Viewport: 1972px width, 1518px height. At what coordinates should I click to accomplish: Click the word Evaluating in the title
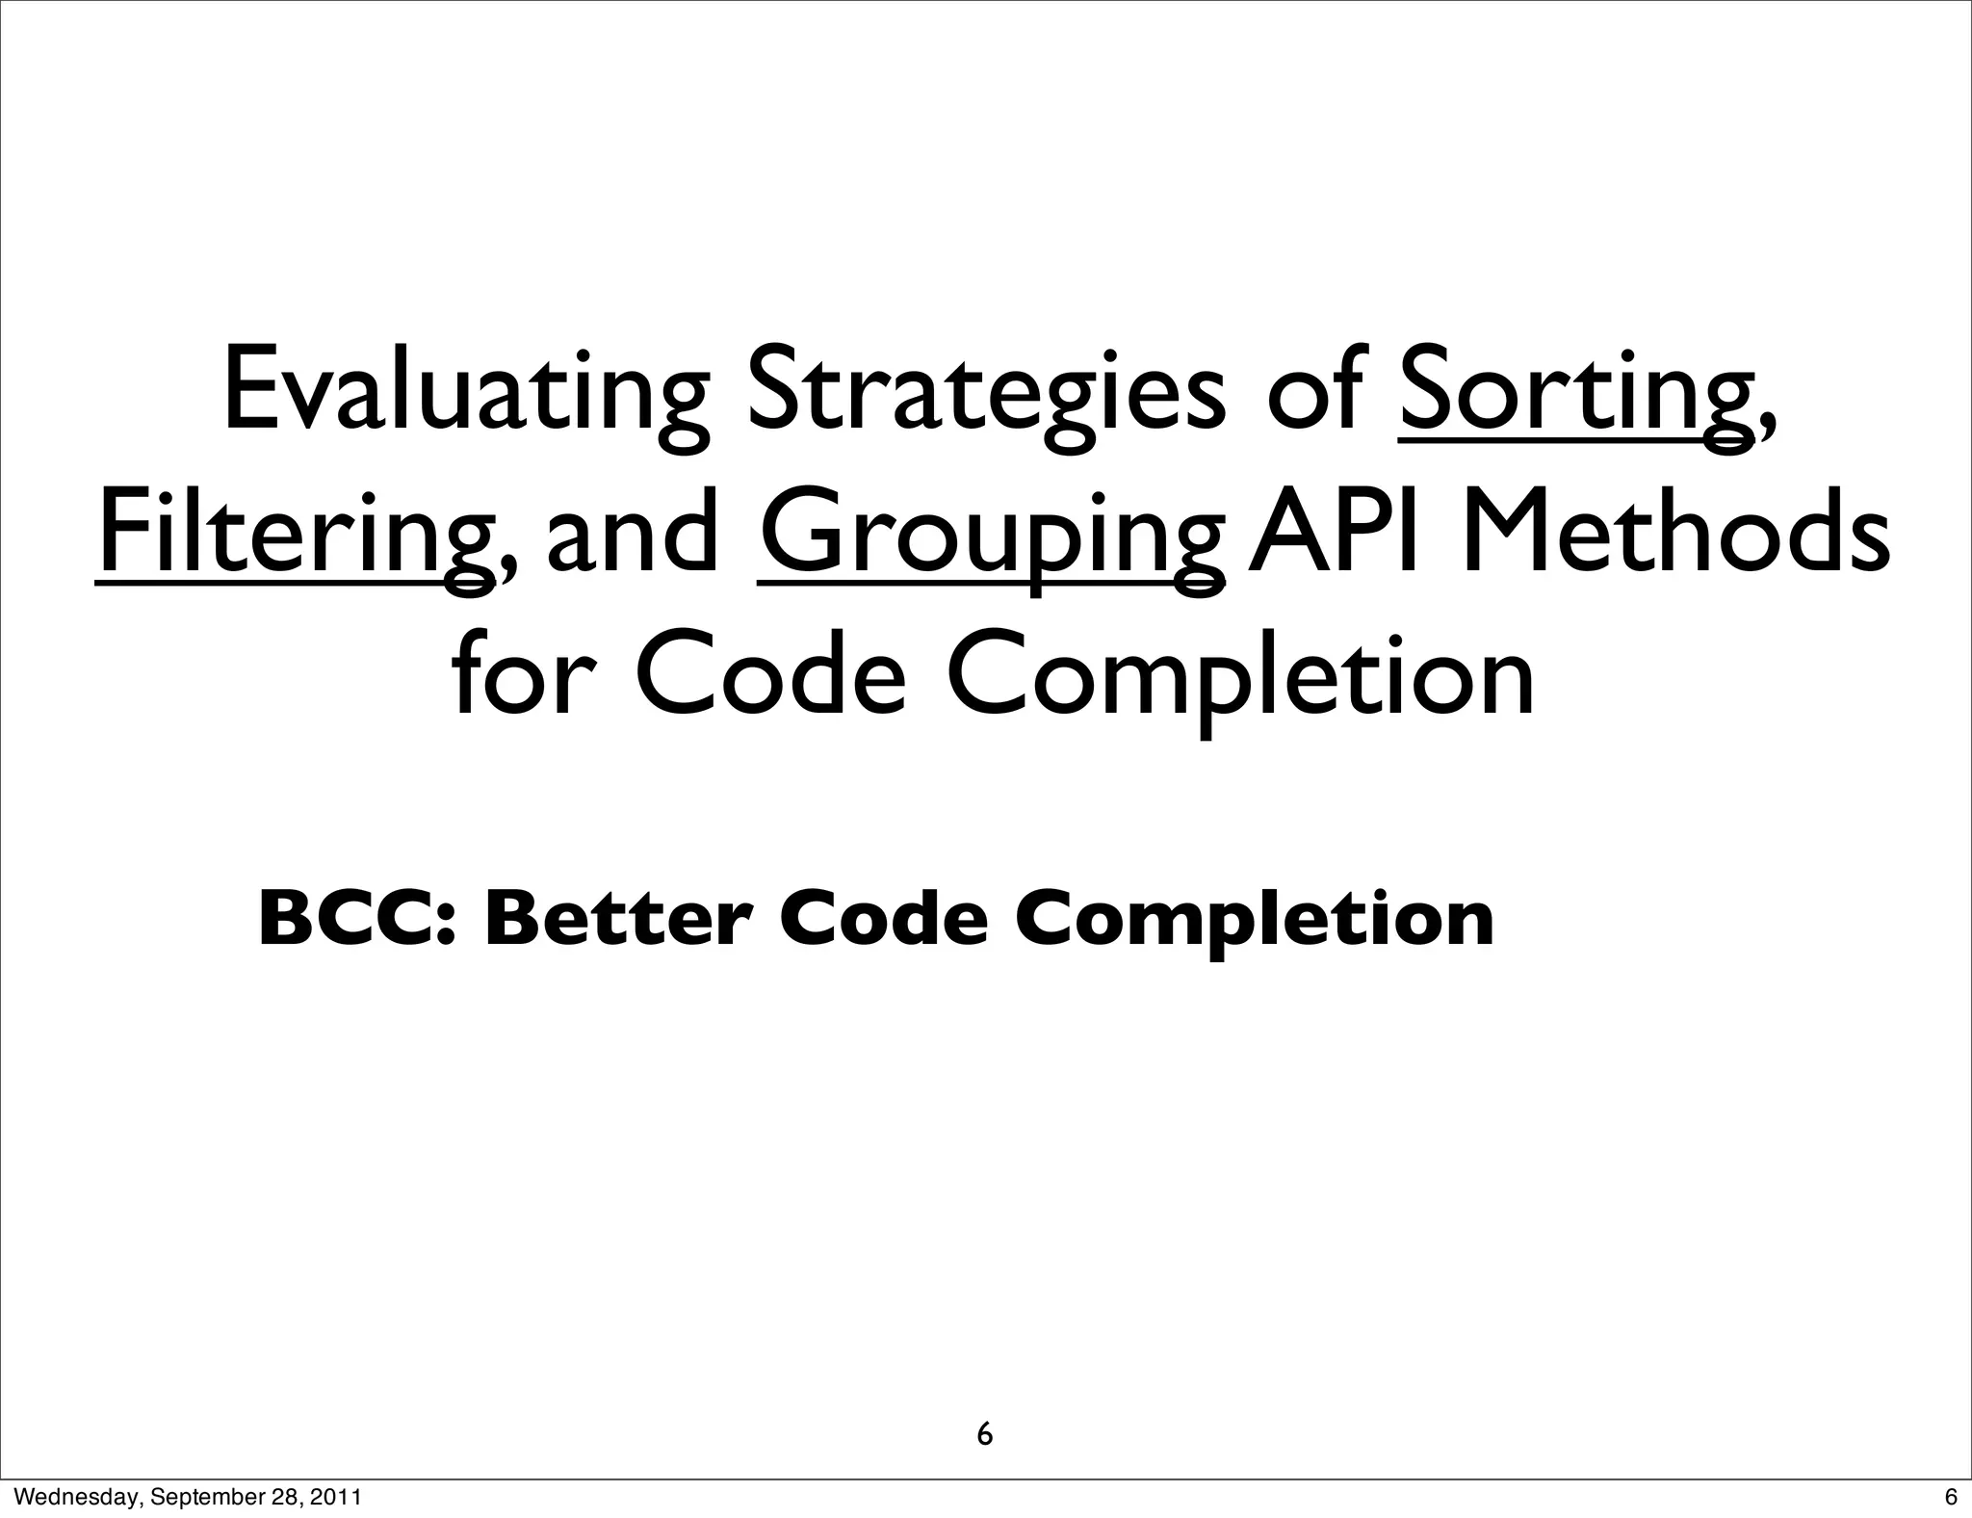tap(465, 391)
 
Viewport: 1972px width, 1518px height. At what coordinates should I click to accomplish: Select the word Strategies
tap(986, 391)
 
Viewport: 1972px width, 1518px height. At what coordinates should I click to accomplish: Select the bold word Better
tap(617, 918)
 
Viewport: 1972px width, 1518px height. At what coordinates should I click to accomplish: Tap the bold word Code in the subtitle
tap(884, 918)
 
